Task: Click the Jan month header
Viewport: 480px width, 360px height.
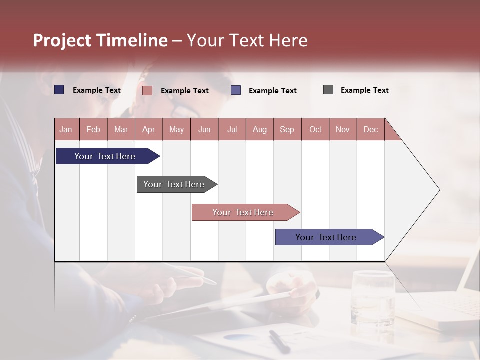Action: point(66,129)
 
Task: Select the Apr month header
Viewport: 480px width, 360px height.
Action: point(148,129)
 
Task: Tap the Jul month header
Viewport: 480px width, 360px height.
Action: point(232,129)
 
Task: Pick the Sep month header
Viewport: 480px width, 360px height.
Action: point(287,129)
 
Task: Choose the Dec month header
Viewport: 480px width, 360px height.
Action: point(370,129)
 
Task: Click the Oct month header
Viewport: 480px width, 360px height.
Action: point(315,129)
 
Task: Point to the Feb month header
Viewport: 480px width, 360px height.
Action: point(93,129)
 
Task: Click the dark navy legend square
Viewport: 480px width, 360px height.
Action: point(59,90)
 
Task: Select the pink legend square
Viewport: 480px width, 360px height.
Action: point(147,90)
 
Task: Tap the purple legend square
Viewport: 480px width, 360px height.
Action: point(236,90)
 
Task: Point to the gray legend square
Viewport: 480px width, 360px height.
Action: point(328,90)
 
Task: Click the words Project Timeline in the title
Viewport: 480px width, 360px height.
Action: point(100,40)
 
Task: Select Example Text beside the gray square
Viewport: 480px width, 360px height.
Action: point(364,90)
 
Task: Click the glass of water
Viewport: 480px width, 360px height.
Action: point(372,298)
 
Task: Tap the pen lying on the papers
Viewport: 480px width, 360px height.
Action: point(279,341)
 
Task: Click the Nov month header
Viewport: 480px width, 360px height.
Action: point(343,129)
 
